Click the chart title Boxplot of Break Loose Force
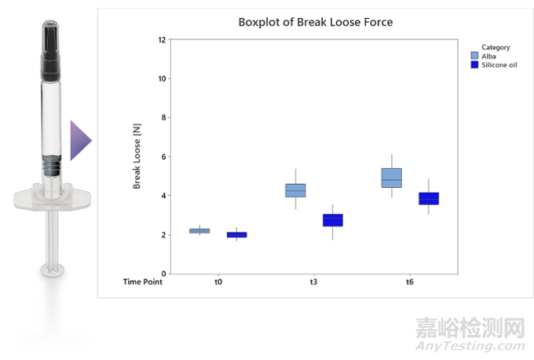(315, 22)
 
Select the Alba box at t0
(199, 230)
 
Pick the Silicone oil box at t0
(236, 234)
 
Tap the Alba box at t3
(295, 190)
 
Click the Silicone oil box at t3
(332, 219)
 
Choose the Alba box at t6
(391, 178)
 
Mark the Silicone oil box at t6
(428, 198)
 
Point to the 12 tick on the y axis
(161, 39)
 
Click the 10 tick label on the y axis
(161, 79)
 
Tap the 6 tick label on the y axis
(163, 156)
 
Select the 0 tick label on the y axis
(163, 274)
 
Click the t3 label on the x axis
(313, 281)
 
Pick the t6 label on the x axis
(409, 281)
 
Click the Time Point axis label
(143, 281)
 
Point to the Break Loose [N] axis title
(137, 157)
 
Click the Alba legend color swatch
(474, 56)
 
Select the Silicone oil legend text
(499, 64)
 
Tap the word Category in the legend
(496, 47)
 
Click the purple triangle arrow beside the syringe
(79, 141)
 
